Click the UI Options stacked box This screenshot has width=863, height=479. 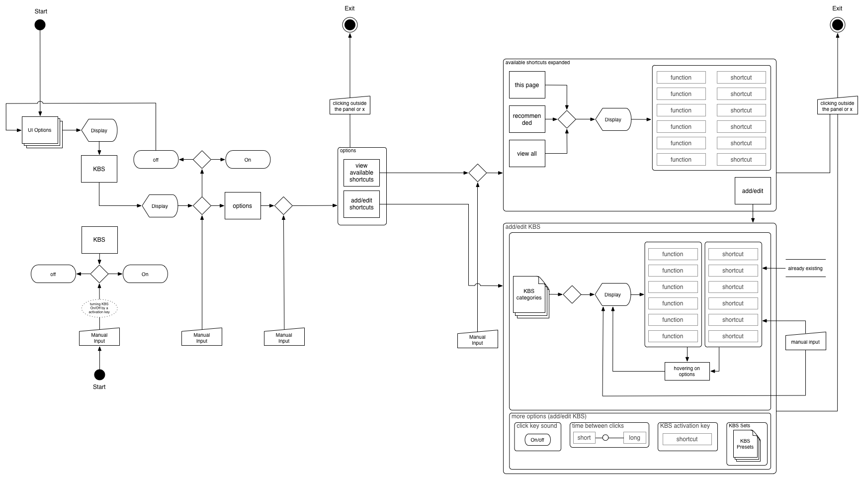tap(40, 130)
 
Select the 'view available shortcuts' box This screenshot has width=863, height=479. tap(361, 173)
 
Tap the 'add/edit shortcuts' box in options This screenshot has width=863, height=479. tap(361, 204)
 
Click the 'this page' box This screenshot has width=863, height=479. tap(527, 85)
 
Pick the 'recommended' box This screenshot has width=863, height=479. tap(527, 119)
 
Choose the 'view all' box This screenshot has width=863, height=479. tap(527, 154)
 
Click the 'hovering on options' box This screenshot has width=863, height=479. tap(687, 372)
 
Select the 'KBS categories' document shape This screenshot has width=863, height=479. tap(529, 294)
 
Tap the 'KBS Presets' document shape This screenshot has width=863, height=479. tap(745, 444)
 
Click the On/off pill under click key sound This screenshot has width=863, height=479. tap(537, 440)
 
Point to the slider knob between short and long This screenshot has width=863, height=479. tap(605, 438)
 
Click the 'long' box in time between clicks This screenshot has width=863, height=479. tap(634, 438)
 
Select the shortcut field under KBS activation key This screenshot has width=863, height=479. tap(687, 439)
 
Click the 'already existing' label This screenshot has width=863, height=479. tap(805, 269)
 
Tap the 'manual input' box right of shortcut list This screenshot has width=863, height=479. tap(805, 342)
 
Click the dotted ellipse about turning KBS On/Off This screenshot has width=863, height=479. tap(99, 308)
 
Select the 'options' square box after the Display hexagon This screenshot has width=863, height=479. tap(243, 206)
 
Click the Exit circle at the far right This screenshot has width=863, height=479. tap(837, 25)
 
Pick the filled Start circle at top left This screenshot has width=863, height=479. tap(40, 25)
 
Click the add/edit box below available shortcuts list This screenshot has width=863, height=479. tap(753, 191)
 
